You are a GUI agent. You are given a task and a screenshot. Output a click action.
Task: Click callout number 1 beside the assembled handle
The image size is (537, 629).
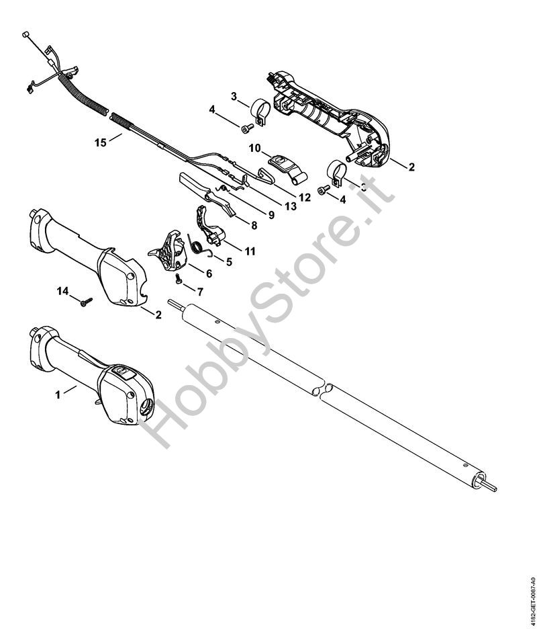[58, 394]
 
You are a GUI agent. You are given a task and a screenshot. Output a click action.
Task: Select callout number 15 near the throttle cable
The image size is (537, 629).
[101, 142]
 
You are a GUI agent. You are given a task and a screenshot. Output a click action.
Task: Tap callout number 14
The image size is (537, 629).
[62, 290]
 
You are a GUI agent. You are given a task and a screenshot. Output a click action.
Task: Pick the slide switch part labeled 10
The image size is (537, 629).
[281, 162]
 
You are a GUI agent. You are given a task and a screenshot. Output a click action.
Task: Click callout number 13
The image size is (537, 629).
[290, 206]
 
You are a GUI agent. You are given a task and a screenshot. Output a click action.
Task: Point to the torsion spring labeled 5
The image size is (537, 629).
[199, 247]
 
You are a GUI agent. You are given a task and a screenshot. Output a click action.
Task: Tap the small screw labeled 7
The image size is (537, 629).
[179, 276]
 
